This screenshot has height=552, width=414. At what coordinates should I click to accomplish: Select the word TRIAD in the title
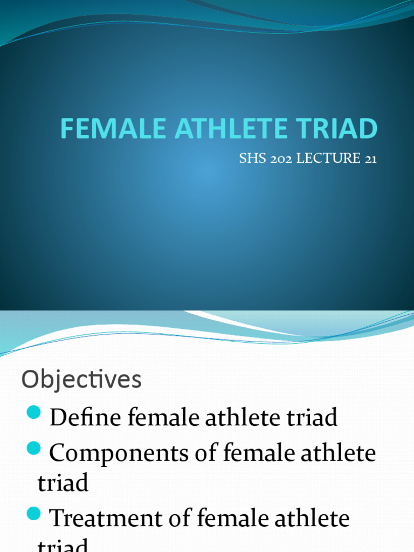click(x=337, y=129)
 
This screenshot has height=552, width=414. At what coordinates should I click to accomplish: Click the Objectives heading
click(x=81, y=380)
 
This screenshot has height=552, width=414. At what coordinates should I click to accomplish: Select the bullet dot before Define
click(x=33, y=414)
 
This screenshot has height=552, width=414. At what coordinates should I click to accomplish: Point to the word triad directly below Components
click(x=63, y=483)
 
